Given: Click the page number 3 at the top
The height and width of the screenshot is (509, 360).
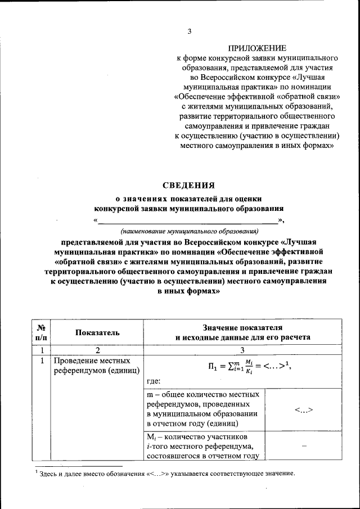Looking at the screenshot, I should click(x=190, y=31).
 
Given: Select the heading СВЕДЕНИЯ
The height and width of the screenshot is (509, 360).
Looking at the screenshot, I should click(x=189, y=185).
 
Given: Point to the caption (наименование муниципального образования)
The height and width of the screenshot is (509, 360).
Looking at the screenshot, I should click(x=189, y=231).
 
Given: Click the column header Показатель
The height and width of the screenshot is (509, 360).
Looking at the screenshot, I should click(x=98, y=332).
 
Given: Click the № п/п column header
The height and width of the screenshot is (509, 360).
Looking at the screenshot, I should click(x=41, y=332).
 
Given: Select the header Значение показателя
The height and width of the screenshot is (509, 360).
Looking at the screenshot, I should click(x=243, y=327).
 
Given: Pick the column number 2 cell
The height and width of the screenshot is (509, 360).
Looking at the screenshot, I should click(x=98, y=350).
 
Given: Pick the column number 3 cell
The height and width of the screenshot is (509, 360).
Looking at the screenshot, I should click(x=243, y=350).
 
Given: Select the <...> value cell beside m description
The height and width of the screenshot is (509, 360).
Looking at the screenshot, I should click(x=303, y=409).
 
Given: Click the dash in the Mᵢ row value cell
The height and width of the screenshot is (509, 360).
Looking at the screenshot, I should click(x=303, y=445).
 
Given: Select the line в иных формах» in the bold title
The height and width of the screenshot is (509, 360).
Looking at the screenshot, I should click(x=189, y=292).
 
